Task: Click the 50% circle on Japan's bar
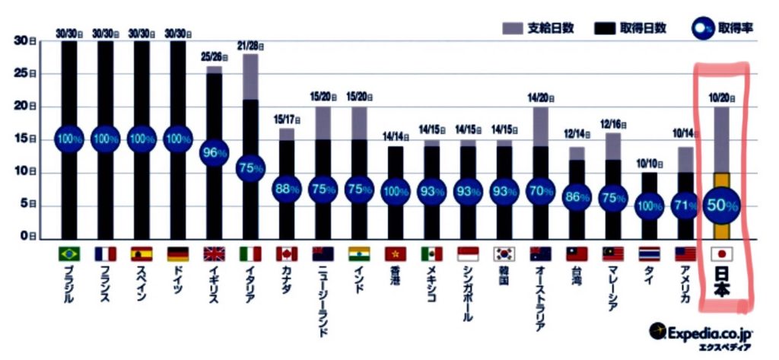tap(720, 205)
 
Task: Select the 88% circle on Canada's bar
tap(287, 190)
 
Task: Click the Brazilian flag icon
tap(70, 253)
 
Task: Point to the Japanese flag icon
tap(720, 253)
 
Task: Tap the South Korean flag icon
tap(504, 253)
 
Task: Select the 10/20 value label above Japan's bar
tap(720, 98)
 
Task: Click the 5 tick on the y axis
tap(24, 204)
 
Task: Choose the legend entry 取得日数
tap(631, 28)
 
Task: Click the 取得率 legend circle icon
tap(701, 28)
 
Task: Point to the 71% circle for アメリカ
tap(685, 205)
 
